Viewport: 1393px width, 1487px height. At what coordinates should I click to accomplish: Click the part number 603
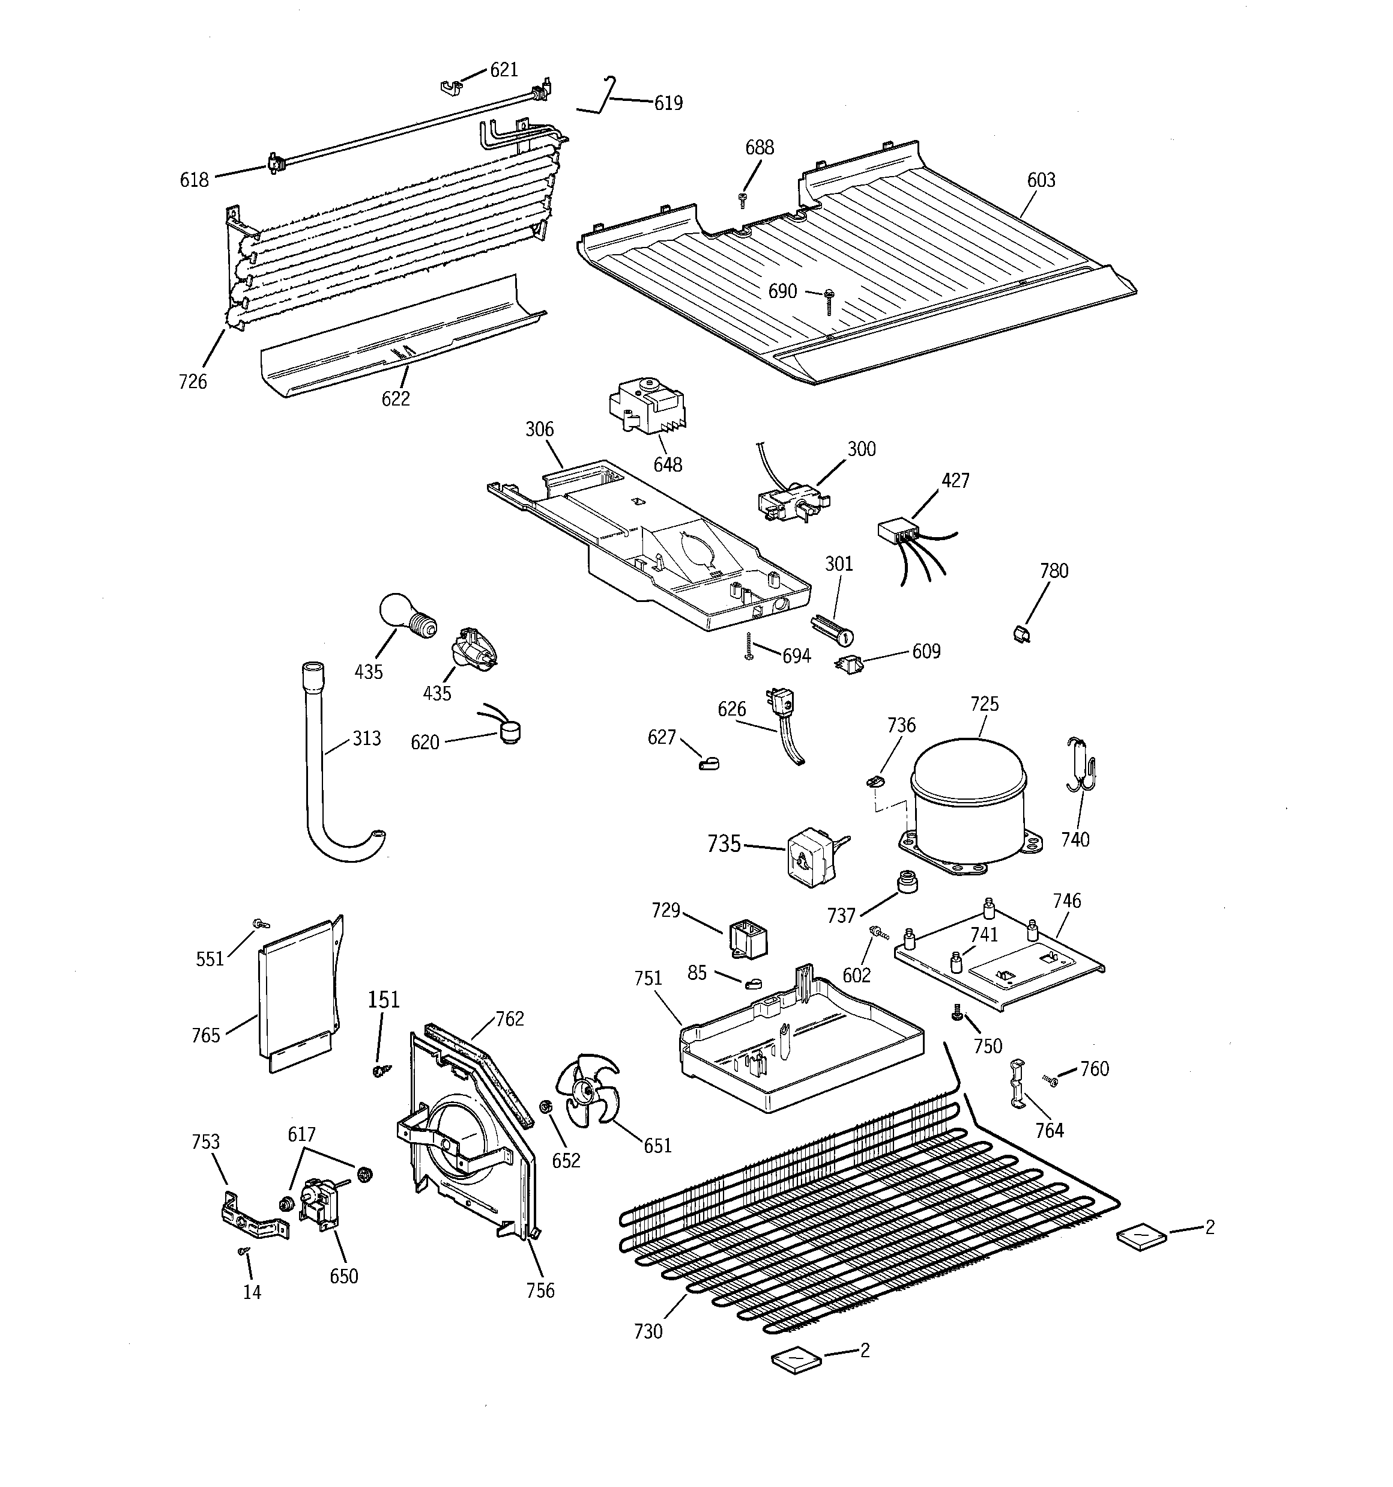pos(1041,180)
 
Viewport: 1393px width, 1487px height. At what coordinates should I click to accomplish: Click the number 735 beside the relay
pos(723,844)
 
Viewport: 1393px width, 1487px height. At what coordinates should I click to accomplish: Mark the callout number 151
pos(384,999)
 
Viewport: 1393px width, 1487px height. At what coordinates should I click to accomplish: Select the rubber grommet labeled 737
pos(906,881)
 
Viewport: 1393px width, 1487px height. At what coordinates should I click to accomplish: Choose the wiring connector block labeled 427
pos(897,532)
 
